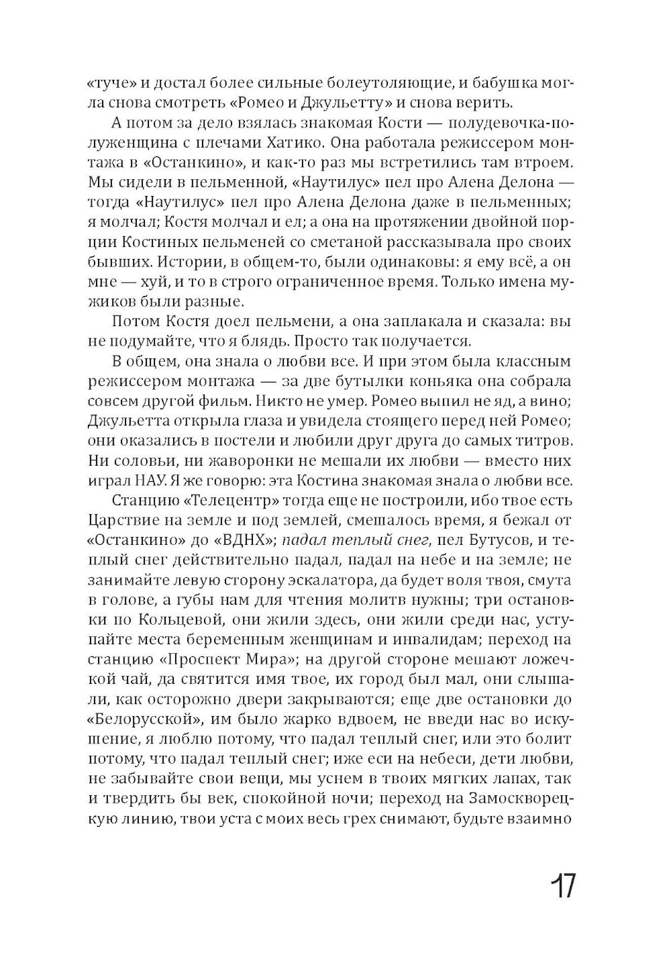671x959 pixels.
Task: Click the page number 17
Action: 562,887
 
